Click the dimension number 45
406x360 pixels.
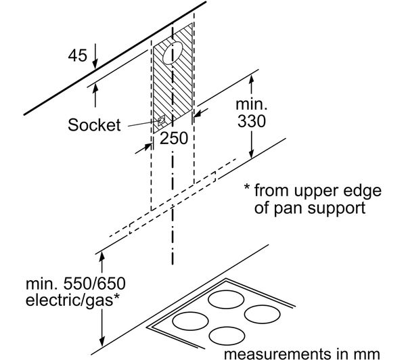[77, 55]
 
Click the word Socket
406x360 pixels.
[94, 125]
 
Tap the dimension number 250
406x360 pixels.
[174, 138]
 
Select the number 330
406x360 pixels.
[252, 121]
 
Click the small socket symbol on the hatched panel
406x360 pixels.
[161, 120]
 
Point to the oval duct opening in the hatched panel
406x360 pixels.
[173, 53]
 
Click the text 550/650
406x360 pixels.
[95, 284]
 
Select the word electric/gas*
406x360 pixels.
[72, 300]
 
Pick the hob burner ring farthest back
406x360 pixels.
[226, 299]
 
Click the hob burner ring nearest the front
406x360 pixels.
[227, 336]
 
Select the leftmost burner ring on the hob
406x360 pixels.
[190, 321]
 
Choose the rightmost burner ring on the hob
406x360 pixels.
[263, 314]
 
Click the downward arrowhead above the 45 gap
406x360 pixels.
[95, 64]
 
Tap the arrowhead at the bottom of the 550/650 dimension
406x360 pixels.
[102, 341]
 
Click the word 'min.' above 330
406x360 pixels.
[252, 104]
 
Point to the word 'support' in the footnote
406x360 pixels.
[336, 208]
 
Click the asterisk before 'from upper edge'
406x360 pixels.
[247, 187]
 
